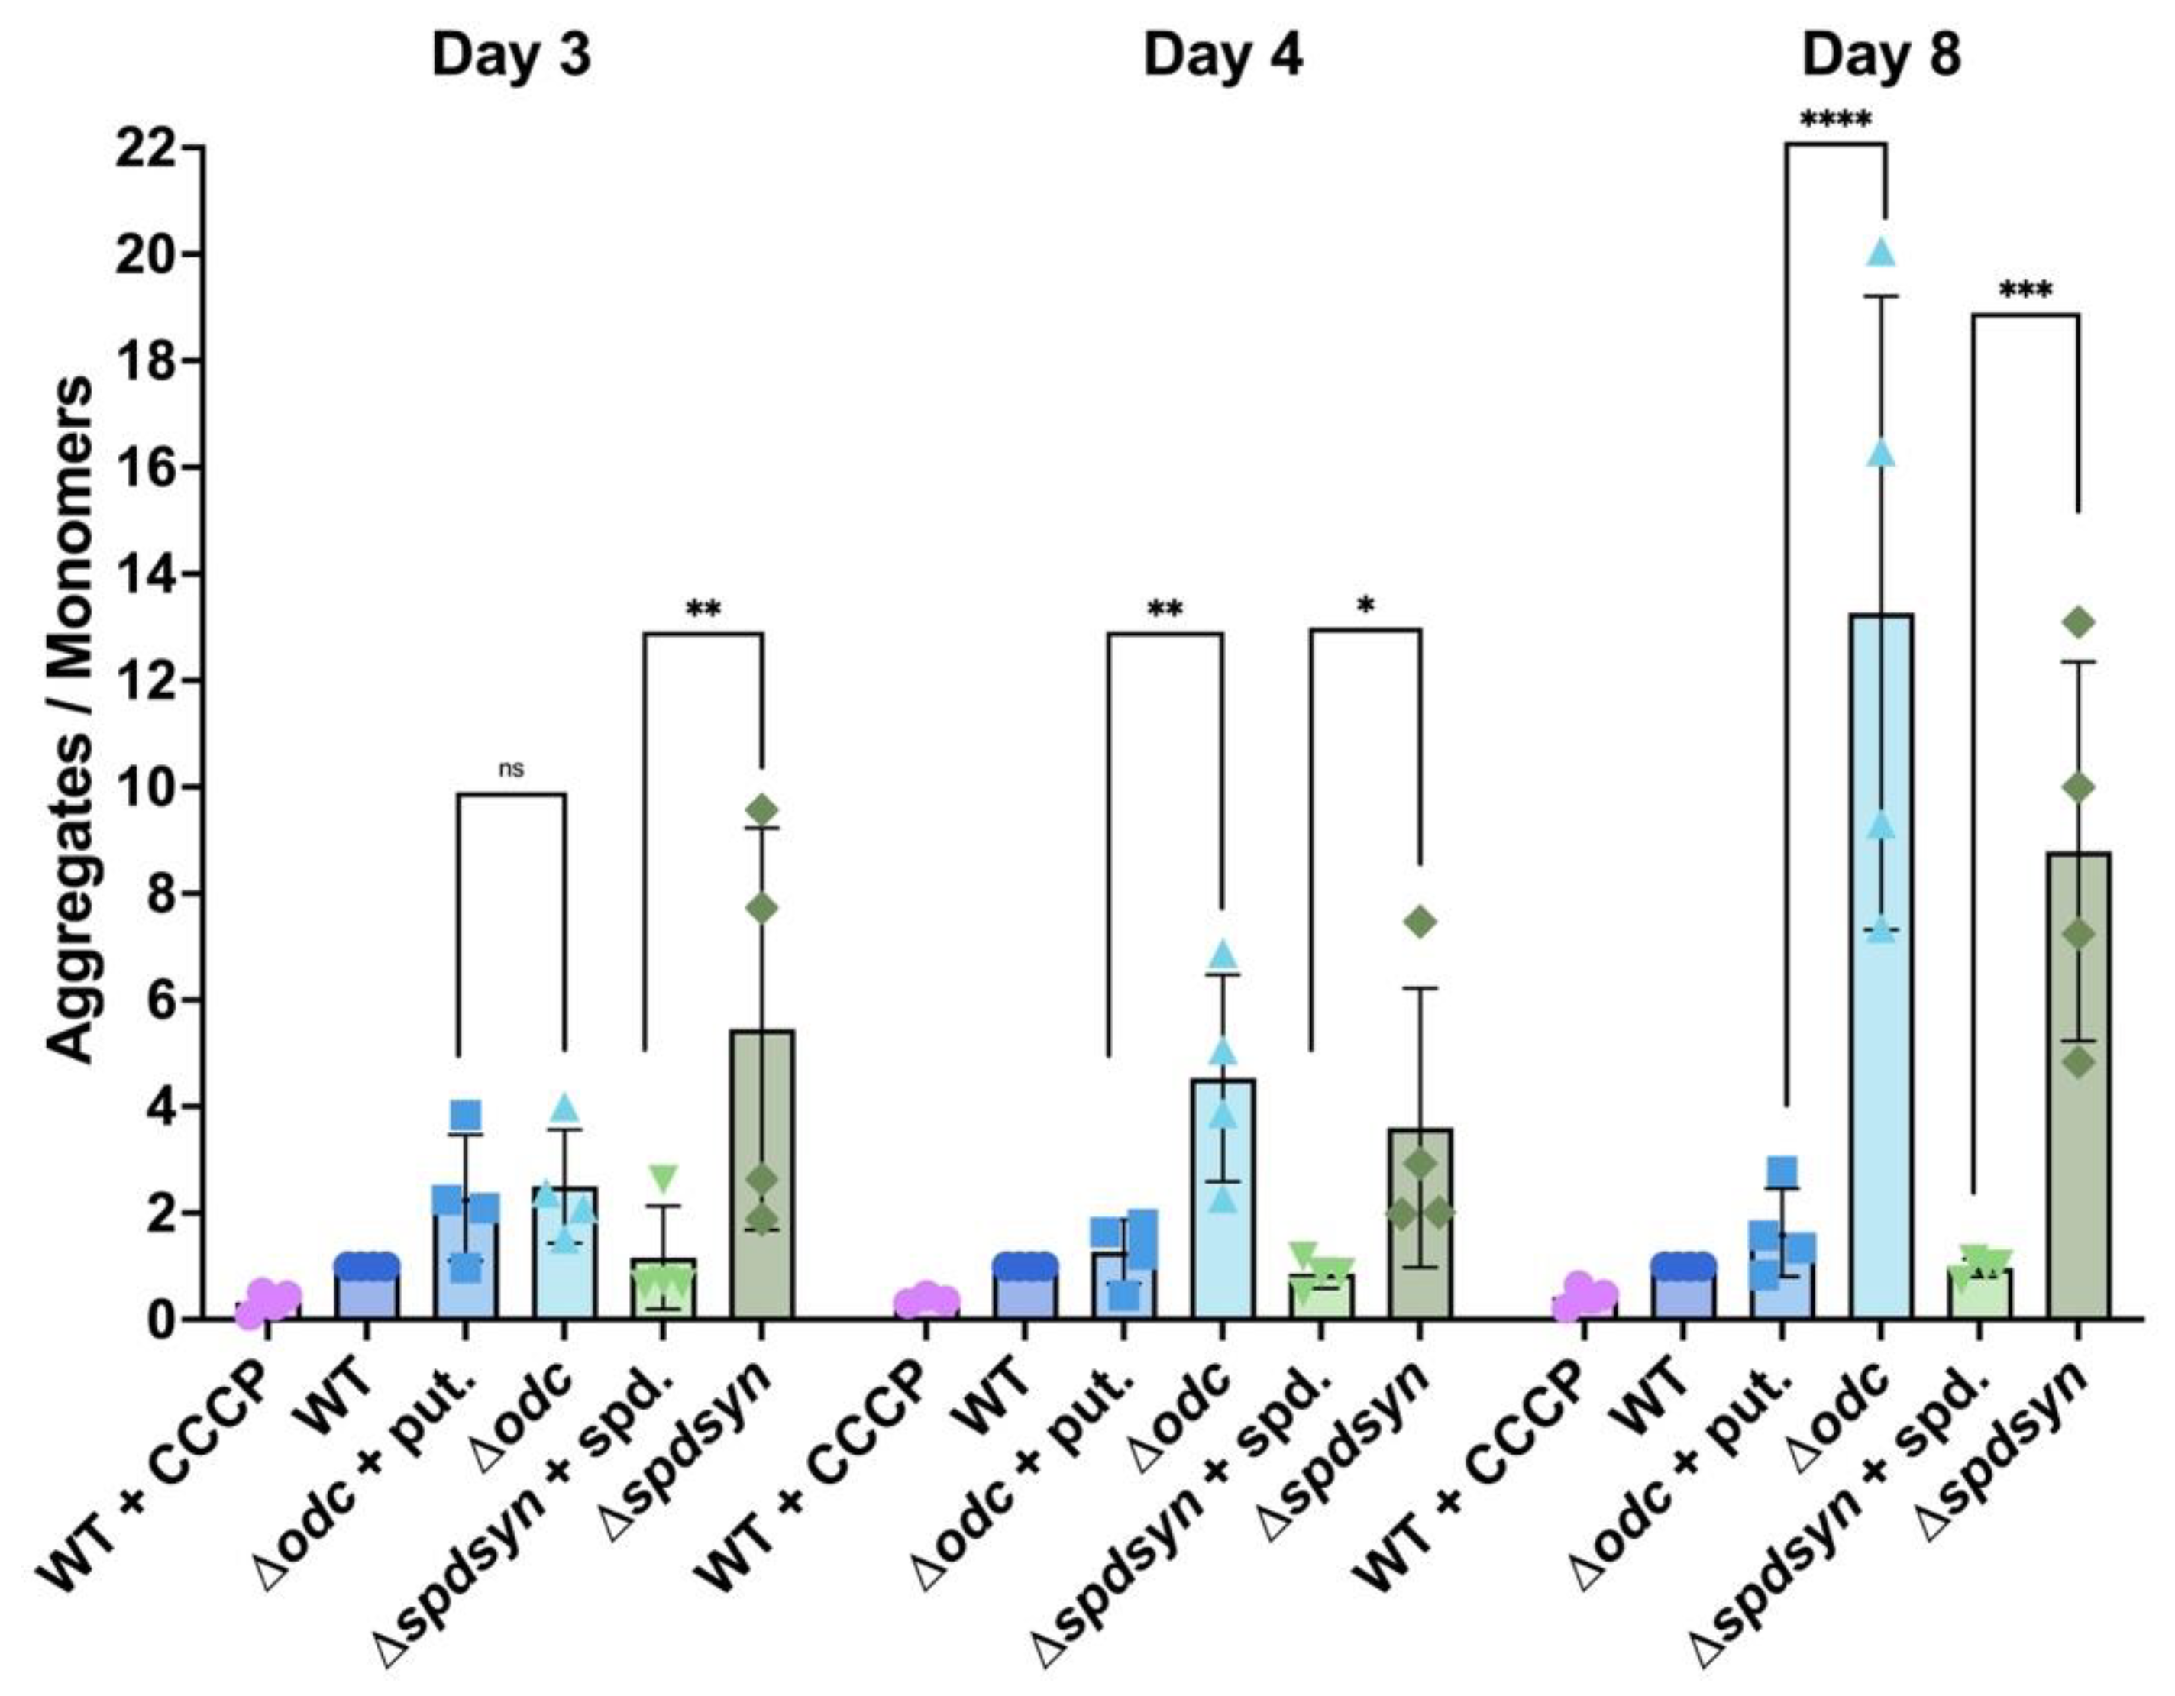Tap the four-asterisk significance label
point(1835,121)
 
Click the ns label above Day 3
point(511,769)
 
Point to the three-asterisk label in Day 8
point(2025,292)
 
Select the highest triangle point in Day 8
point(1880,253)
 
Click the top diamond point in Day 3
point(762,809)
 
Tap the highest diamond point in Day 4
point(1420,922)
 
